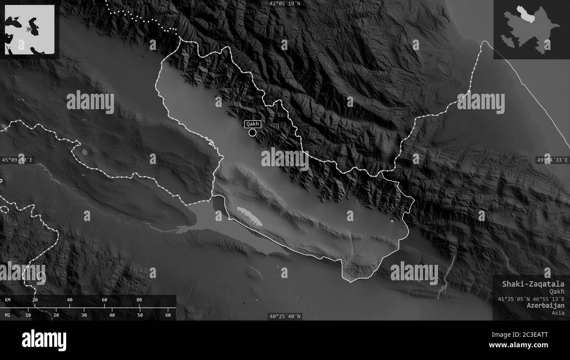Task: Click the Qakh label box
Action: [x=253, y=124]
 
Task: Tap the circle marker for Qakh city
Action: [x=252, y=132]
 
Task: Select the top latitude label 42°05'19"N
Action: [x=285, y=4]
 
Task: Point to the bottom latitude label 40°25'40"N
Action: [x=285, y=316]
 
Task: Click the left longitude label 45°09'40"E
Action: [x=18, y=160]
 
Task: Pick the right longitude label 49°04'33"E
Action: [x=552, y=160]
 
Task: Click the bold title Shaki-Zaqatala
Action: [x=533, y=284]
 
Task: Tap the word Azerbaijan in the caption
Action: [x=545, y=305]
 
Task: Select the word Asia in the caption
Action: [x=558, y=313]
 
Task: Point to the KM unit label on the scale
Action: [x=8, y=300]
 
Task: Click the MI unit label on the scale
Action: [x=8, y=315]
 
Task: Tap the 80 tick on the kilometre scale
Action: [x=139, y=300]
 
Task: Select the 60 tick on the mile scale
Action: [x=167, y=315]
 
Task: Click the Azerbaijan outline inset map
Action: [x=531, y=29]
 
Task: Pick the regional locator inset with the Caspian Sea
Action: [x=29, y=29]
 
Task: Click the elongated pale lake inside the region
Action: [x=249, y=216]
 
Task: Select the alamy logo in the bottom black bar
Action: [x=44, y=340]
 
